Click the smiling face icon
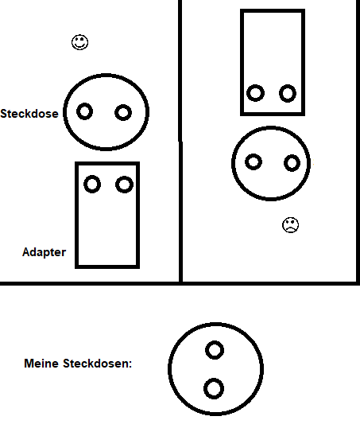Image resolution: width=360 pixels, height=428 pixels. pyautogui.click(x=80, y=42)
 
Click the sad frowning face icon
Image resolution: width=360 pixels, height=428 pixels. pyautogui.click(x=290, y=225)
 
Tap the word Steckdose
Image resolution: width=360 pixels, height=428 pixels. pyautogui.click(x=29, y=114)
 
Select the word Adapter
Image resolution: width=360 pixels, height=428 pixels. pyautogui.click(x=45, y=252)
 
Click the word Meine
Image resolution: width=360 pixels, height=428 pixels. pyautogui.click(x=41, y=364)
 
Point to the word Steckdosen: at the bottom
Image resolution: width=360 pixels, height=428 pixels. pyautogui.click(x=98, y=364)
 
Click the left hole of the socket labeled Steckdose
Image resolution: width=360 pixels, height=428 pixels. pyautogui.click(x=84, y=111)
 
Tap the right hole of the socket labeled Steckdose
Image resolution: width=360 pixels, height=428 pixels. pyautogui.click(x=123, y=112)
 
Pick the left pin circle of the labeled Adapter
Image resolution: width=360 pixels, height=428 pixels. pyautogui.click(x=92, y=185)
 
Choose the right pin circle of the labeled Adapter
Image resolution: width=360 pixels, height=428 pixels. pyautogui.click(x=124, y=185)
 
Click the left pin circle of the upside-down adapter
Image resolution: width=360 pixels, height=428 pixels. pyautogui.click(x=255, y=93)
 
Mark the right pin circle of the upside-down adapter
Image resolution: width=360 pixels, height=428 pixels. pyautogui.click(x=288, y=93)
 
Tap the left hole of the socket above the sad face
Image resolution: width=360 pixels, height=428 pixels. pyautogui.click(x=254, y=161)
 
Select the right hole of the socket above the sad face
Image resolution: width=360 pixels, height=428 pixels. pyautogui.click(x=292, y=163)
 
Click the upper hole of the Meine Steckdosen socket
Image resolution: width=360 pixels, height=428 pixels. pyautogui.click(x=215, y=350)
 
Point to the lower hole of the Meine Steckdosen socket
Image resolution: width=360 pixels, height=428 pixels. pyautogui.click(x=214, y=389)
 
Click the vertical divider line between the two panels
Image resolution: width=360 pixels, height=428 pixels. pyautogui.click(x=180, y=141)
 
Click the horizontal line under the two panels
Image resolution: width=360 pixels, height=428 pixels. pyautogui.click(x=180, y=283)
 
